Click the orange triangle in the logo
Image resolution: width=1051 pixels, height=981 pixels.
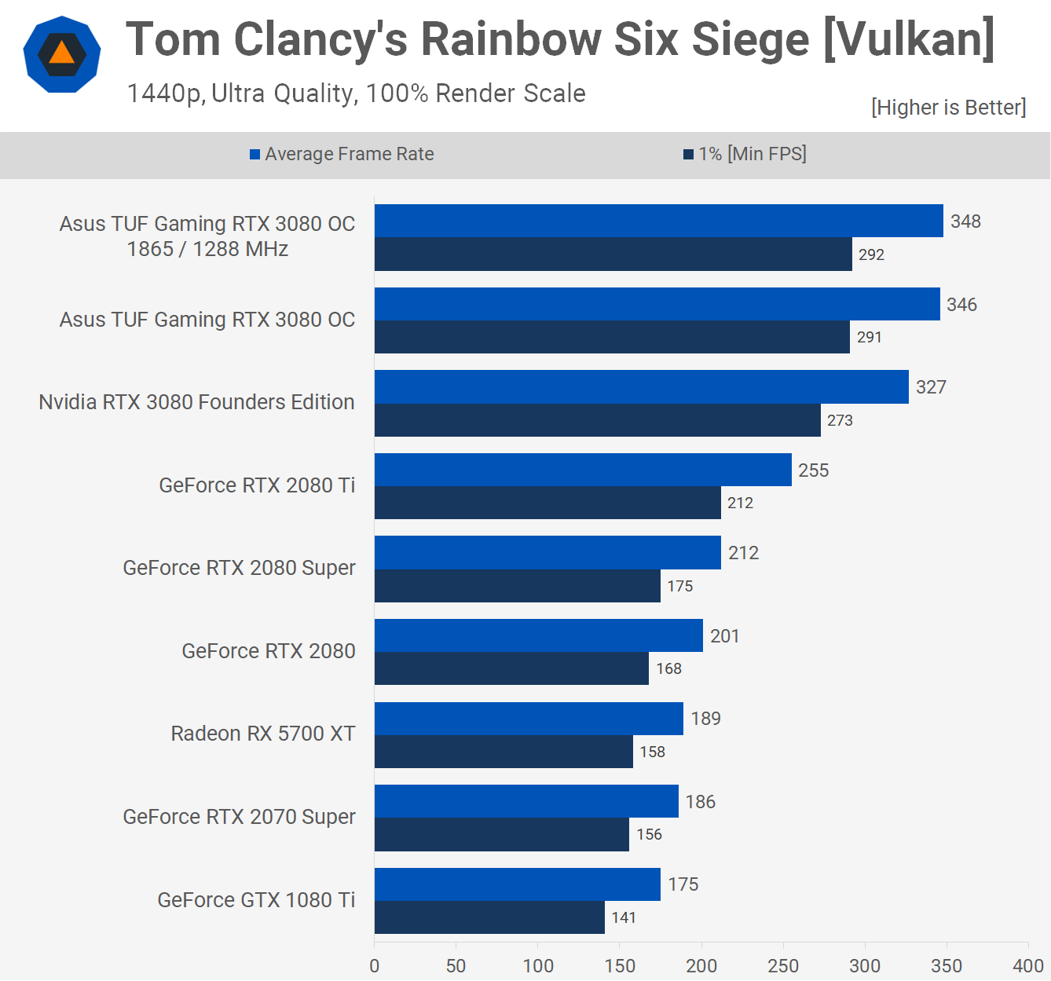click(x=61, y=53)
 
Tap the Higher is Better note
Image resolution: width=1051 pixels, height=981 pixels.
click(x=948, y=107)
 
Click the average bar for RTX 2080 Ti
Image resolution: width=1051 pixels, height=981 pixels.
click(x=583, y=470)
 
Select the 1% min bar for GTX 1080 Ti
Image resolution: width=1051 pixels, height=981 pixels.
click(x=489, y=917)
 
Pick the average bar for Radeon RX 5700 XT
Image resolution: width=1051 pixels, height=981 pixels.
click(x=529, y=719)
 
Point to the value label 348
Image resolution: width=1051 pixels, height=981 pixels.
click(x=965, y=221)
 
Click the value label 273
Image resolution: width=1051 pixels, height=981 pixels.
click(x=840, y=420)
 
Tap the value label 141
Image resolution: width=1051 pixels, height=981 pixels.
click(x=624, y=917)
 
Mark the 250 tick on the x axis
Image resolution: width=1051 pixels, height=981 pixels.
click(x=783, y=966)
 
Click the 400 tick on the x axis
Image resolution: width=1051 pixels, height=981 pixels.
click(x=1028, y=966)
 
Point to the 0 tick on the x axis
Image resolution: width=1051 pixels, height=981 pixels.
click(x=375, y=966)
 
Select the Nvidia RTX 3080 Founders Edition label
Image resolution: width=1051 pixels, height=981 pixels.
click(x=196, y=402)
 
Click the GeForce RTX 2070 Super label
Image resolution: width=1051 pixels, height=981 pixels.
click(x=239, y=817)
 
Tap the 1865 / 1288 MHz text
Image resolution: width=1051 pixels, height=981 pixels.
click(x=207, y=249)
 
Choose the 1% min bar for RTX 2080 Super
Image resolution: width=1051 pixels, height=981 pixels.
click(x=518, y=586)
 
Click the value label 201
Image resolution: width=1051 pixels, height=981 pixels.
click(x=724, y=636)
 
